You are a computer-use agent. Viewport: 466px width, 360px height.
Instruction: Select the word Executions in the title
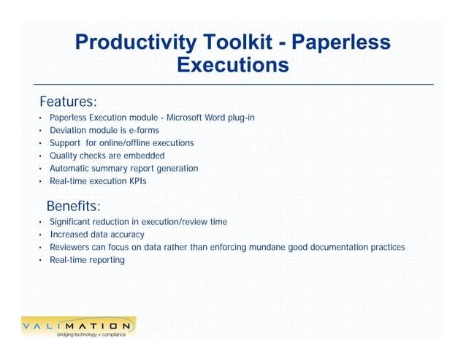click(x=233, y=66)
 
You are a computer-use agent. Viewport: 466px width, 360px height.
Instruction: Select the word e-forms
click(x=143, y=130)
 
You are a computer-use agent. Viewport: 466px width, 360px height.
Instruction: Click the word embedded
click(x=145, y=156)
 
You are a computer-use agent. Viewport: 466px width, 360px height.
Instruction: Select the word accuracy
click(x=125, y=234)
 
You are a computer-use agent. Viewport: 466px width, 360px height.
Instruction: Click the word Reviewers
click(x=72, y=247)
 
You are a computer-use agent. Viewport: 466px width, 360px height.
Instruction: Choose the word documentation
click(x=340, y=247)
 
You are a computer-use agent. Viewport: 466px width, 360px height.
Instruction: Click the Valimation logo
click(x=78, y=325)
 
